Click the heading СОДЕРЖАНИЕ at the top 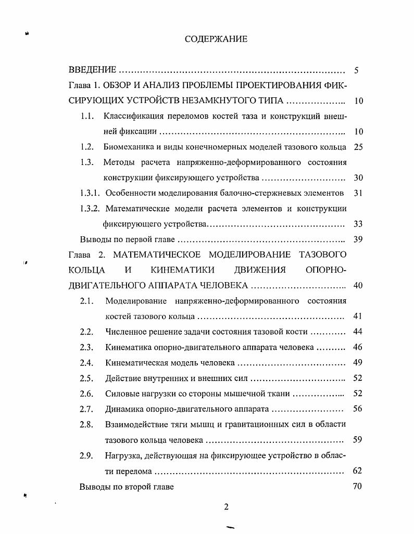(216, 39)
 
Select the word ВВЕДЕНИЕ (92, 70)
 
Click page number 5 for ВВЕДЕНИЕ (356, 70)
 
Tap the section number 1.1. (87, 117)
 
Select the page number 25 (358, 147)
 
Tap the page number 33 (358, 224)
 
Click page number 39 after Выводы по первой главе (358, 240)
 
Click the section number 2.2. (86, 332)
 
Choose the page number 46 (357, 347)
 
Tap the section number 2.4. (86, 363)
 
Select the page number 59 (357, 440)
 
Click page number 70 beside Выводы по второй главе (357, 487)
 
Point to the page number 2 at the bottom (227, 507)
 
